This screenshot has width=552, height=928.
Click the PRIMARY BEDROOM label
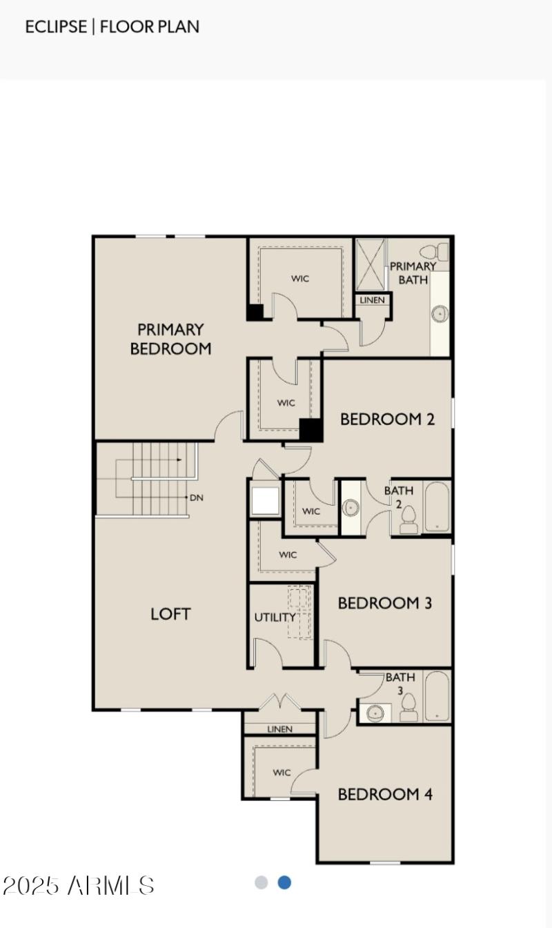(x=170, y=339)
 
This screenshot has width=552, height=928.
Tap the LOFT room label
(x=170, y=613)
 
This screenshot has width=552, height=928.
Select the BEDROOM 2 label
(x=387, y=419)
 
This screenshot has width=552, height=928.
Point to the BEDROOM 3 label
(x=385, y=603)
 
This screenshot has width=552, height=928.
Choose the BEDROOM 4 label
(x=385, y=794)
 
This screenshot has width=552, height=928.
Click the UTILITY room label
(x=274, y=618)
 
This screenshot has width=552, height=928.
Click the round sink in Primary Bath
(x=439, y=314)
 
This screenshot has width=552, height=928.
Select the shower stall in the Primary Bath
(x=371, y=264)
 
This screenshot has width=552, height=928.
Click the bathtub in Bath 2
(x=437, y=507)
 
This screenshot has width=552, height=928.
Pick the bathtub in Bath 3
(x=437, y=696)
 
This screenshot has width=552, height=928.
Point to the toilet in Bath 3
(x=408, y=707)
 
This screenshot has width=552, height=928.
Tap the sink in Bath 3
(x=375, y=713)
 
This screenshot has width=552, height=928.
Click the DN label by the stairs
(x=196, y=497)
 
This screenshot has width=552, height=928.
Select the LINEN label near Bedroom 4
(x=279, y=729)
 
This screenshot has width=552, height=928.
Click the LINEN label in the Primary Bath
(x=373, y=300)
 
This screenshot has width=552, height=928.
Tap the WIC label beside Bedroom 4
(x=282, y=773)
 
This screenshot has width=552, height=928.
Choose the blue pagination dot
(x=284, y=882)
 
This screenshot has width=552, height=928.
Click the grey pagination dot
(x=261, y=882)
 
